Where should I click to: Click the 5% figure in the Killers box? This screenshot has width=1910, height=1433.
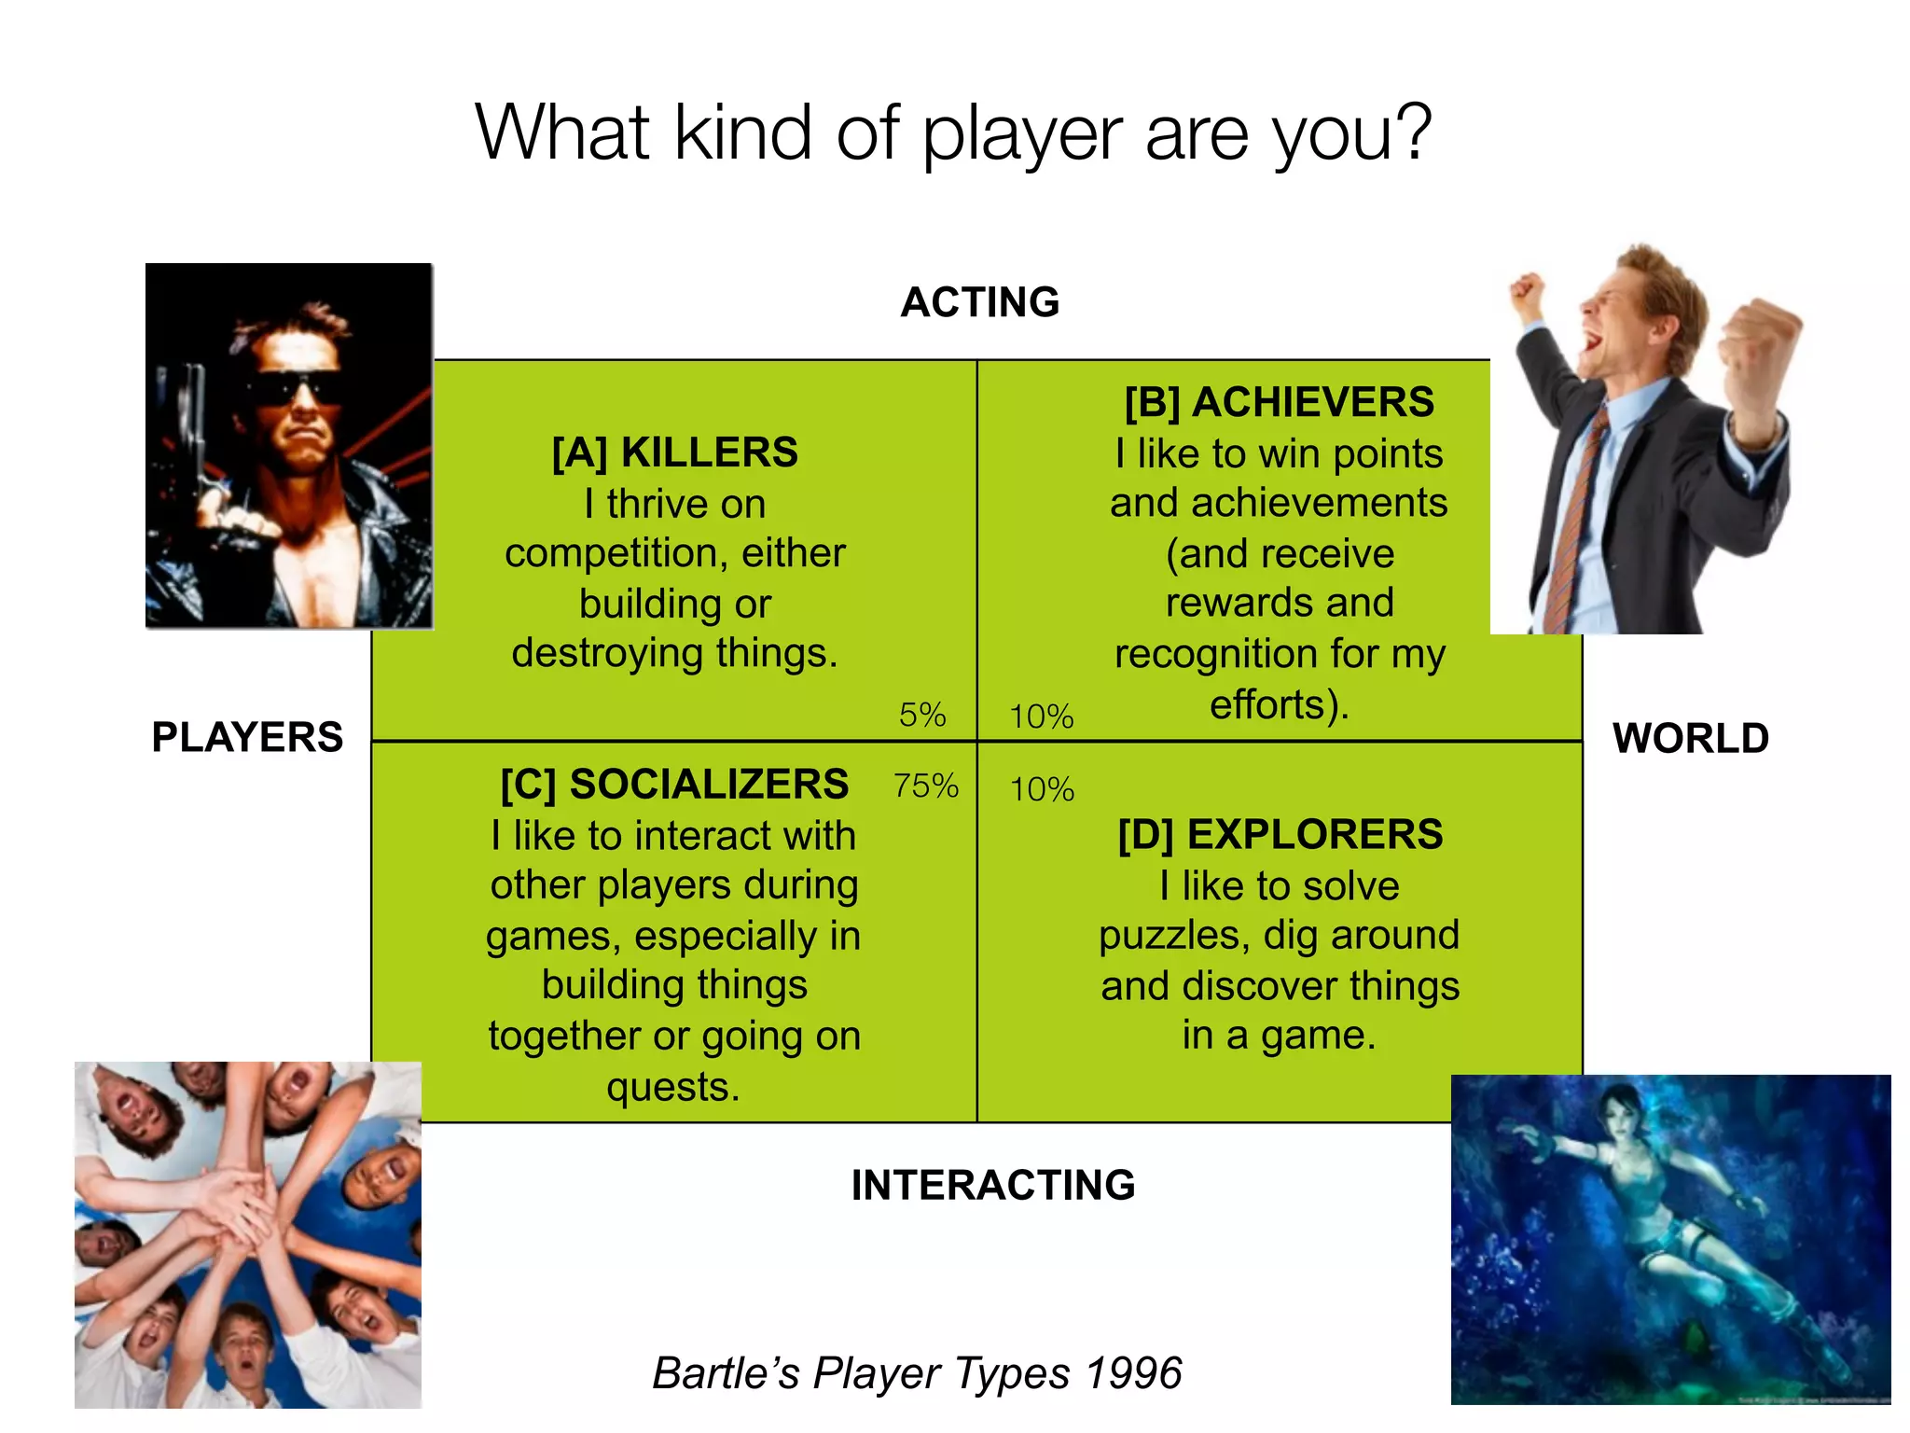point(921,716)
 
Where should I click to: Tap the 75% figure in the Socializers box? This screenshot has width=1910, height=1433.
point(925,786)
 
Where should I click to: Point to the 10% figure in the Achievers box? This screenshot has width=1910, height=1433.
point(1041,717)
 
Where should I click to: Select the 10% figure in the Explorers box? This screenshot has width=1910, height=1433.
point(1042,790)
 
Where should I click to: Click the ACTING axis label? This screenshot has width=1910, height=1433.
point(980,302)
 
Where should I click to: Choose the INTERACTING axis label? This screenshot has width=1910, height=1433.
point(993,1185)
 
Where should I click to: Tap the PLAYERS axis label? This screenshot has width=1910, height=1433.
point(247,737)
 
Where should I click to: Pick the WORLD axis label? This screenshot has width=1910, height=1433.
point(1691,738)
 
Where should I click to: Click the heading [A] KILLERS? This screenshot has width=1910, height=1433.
point(674,452)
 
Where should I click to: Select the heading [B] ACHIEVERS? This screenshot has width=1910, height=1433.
point(1279,402)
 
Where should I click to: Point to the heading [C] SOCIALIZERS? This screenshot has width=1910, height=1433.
point(674,785)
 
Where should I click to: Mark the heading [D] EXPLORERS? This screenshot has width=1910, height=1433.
point(1280,834)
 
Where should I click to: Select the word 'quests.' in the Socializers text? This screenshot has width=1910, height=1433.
point(673,1087)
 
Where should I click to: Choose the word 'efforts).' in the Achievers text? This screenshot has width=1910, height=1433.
point(1280,705)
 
